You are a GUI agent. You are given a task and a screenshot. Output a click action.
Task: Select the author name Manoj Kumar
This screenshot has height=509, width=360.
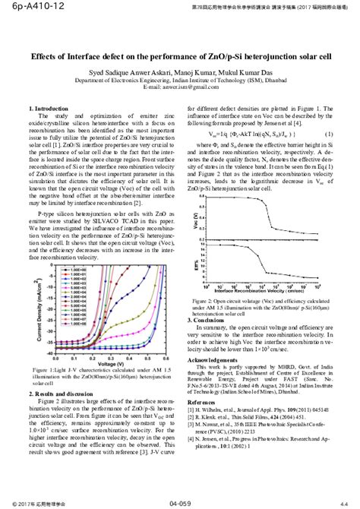coord(183,69)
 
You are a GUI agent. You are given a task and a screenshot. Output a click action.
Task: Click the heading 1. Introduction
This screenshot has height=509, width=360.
coord(47,109)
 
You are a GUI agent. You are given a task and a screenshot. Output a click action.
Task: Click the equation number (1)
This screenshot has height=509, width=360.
coord(328,134)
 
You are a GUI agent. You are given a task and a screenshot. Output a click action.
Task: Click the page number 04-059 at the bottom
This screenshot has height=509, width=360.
coord(180,503)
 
